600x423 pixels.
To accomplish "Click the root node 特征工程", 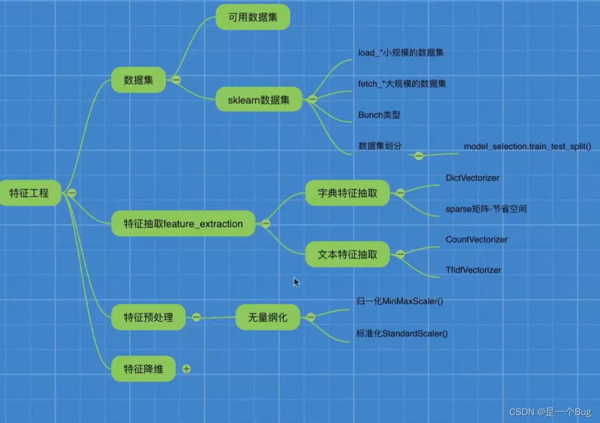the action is (x=30, y=193).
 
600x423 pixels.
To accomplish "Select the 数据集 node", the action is (x=138, y=80).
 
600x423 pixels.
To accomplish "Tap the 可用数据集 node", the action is (x=252, y=17).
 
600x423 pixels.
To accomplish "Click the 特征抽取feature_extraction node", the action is (x=183, y=224).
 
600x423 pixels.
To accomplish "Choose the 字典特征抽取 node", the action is (x=348, y=193).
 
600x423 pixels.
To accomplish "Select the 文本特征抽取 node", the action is (x=348, y=255).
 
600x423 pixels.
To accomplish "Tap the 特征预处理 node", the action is (x=149, y=317).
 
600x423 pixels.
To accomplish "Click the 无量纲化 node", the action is (x=268, y=317).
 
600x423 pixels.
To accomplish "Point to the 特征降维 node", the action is (x=144, y=369).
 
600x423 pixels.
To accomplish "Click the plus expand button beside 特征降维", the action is (x=186, y=369).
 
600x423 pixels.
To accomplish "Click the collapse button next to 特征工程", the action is (x=72, y=193).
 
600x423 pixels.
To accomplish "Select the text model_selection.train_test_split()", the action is (x=527, y=147).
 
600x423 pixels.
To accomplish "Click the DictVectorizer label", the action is (x=472, y=178).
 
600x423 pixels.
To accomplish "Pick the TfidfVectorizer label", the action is (x=473, y=270).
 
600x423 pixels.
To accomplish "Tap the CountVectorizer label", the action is (x=477, y=240).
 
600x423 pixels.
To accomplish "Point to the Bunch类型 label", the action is (x=379, y=115).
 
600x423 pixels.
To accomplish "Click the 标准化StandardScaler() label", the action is (x=401, y=333).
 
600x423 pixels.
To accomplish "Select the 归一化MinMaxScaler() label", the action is (x=399, y=302).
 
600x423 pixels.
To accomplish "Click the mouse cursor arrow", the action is (x=296, y=282).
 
